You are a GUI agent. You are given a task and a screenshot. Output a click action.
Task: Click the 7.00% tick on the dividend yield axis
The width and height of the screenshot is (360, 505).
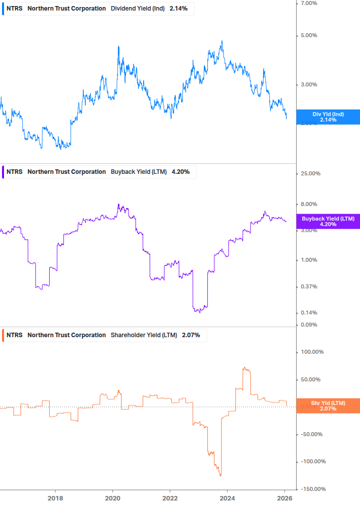(309, 4)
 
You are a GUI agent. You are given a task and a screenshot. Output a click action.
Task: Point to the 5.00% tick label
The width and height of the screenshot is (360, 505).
(309, 36)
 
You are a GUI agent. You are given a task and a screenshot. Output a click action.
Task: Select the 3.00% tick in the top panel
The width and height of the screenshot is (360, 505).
(309, 84)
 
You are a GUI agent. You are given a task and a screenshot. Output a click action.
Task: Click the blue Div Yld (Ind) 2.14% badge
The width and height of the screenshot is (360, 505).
(328, 117)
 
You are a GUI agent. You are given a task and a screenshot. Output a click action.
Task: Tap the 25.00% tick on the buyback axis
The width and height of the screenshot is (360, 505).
(310, 174)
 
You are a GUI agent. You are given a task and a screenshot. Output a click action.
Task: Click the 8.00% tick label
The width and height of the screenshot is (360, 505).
(309, 204)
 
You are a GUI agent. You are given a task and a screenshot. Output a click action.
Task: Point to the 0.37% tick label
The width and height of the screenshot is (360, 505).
(309, 287)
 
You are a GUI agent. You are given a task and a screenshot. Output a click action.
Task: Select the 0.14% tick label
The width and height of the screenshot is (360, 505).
(309, 313)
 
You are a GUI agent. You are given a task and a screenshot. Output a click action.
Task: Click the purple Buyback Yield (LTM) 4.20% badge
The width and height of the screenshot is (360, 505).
(328, 222)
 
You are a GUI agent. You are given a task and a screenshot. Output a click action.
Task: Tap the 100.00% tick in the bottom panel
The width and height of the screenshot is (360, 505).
(312, 352)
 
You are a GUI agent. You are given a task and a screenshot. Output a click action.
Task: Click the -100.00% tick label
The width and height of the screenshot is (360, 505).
(313, 462)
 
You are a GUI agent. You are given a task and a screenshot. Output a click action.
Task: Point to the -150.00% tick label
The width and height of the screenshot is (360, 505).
(313, 489)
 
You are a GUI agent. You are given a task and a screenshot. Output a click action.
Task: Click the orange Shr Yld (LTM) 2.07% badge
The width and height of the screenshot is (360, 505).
(328, 406)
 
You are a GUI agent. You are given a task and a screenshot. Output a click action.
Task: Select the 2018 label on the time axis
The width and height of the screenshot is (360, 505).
(55, 498)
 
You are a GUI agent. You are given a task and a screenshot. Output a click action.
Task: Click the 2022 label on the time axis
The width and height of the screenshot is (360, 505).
(170, 498)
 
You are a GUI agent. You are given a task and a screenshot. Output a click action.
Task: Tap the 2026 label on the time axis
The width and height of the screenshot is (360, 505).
(285, 498)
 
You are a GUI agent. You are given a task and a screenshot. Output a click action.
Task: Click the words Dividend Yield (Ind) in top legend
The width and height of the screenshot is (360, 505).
(137, 9)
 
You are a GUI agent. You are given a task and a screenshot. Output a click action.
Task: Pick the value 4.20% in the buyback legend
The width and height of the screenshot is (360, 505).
(181, 172)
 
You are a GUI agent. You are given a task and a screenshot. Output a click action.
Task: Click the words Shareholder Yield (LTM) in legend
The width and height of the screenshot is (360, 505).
(144, 335)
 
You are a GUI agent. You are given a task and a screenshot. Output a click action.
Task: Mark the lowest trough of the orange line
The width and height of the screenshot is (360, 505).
(220, 476)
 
